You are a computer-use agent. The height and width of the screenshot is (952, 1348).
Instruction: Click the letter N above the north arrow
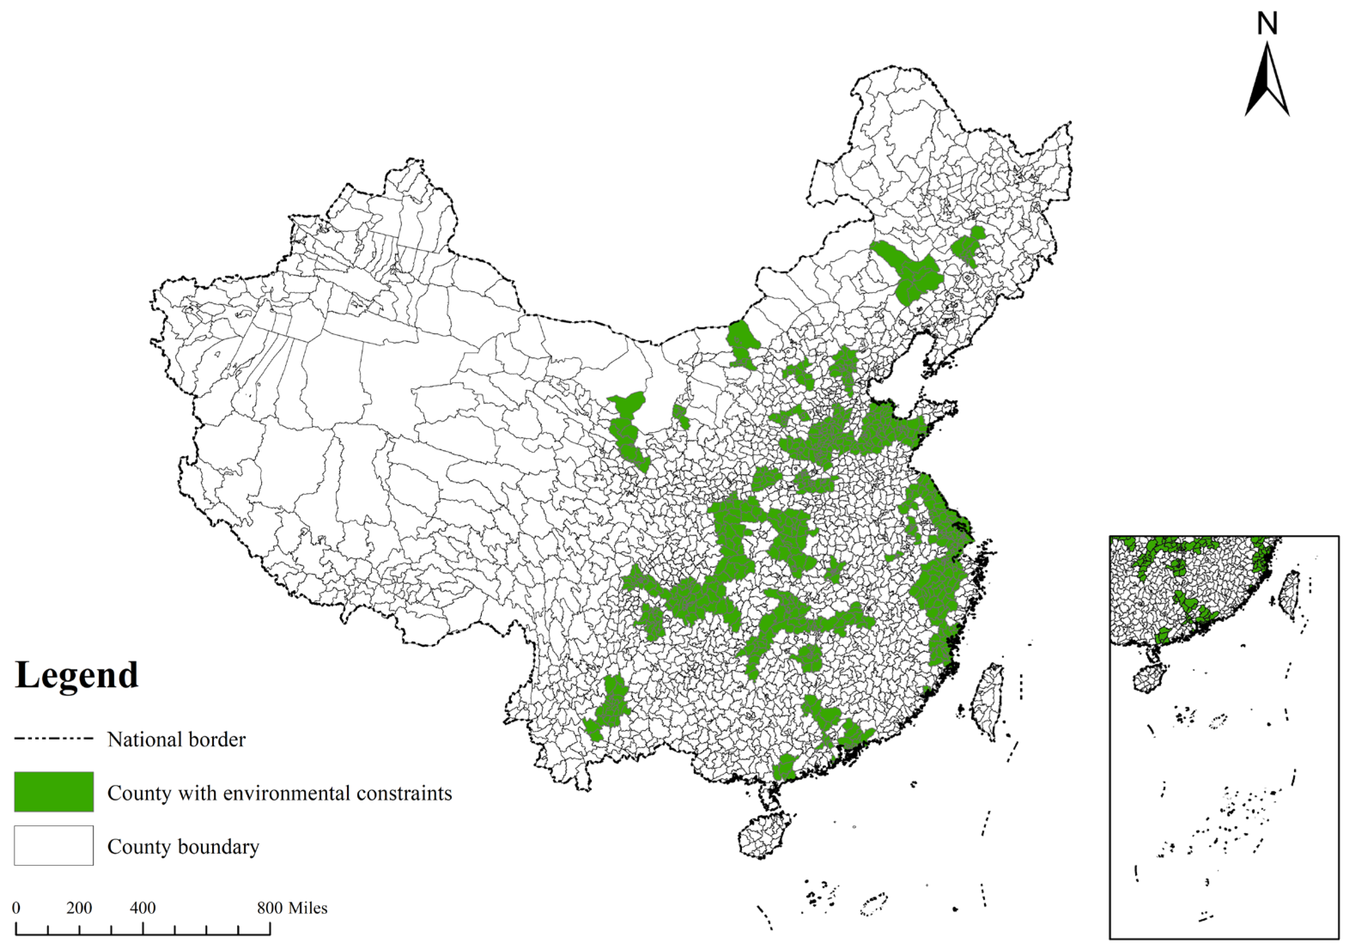pyautogui.click(x=1267, y=24)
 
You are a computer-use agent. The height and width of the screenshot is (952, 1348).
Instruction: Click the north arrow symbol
pyautogui.click(x=1267, y=82)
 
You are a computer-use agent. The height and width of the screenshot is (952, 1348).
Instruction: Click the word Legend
pyautogui.click(x=76, y=675)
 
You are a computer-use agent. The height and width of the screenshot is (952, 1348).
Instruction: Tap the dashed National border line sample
pyautogui.click(x=53, y=738)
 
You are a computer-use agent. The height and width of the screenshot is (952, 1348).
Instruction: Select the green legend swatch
pyautogui.click(x=53, y=792)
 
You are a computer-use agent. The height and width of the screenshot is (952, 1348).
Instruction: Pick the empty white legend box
pyautogui.click(x=53, y=845)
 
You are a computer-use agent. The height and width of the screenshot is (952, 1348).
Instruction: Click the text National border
pyautogui.click(x=176, y=739)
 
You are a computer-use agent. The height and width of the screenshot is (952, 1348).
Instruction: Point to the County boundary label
pyautogui.click(x=183, y=846)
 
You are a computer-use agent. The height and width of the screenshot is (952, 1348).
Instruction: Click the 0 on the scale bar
pyautogui.click(x=16, y=908)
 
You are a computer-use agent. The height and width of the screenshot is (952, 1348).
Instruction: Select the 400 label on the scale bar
pyautogui.click(x=143, y=908)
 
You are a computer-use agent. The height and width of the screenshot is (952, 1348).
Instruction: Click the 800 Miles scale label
pyautogui.click(x=292, y=908)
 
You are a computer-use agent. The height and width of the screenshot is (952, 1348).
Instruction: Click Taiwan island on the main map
pyautogui.click(x=986, y=701)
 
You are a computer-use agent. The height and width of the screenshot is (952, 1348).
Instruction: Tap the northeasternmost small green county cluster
pyautogui.click(x=968, y=246)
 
